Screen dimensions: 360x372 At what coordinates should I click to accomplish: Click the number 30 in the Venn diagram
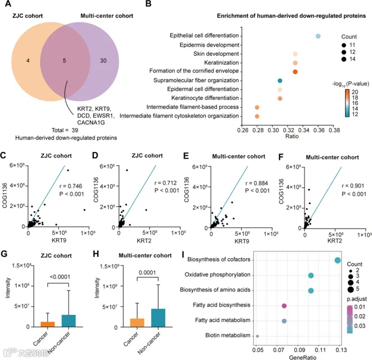[103, 61]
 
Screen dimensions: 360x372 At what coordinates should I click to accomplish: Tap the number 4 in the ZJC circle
[28, 61]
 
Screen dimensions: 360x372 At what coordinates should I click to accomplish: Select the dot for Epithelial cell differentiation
[318, 36]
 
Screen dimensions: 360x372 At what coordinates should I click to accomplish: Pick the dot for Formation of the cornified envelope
[295, 72]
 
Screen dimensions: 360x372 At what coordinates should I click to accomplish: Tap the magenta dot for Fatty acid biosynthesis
[284, 306]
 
